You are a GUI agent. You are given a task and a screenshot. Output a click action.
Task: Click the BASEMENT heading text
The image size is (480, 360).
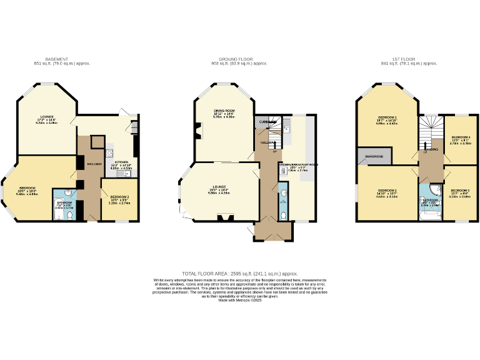click(x=56, y=59)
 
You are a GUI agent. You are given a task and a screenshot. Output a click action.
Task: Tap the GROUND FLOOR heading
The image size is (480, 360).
click(x=239, y=59)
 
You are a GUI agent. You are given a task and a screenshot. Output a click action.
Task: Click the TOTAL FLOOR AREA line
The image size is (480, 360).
click(x=239, y=274)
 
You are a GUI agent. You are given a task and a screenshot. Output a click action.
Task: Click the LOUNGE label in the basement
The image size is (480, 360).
click(x=47, y=117)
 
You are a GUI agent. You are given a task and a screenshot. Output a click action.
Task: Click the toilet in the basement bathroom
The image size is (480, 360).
click(x=70, y=215)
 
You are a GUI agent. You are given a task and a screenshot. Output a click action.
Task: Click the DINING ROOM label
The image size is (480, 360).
click(x=223, y=111)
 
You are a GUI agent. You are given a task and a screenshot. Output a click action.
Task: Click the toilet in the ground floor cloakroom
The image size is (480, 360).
click(x=284, y=216)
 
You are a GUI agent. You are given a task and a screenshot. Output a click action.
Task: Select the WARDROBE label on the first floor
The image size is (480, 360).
click(x=374, y=157)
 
